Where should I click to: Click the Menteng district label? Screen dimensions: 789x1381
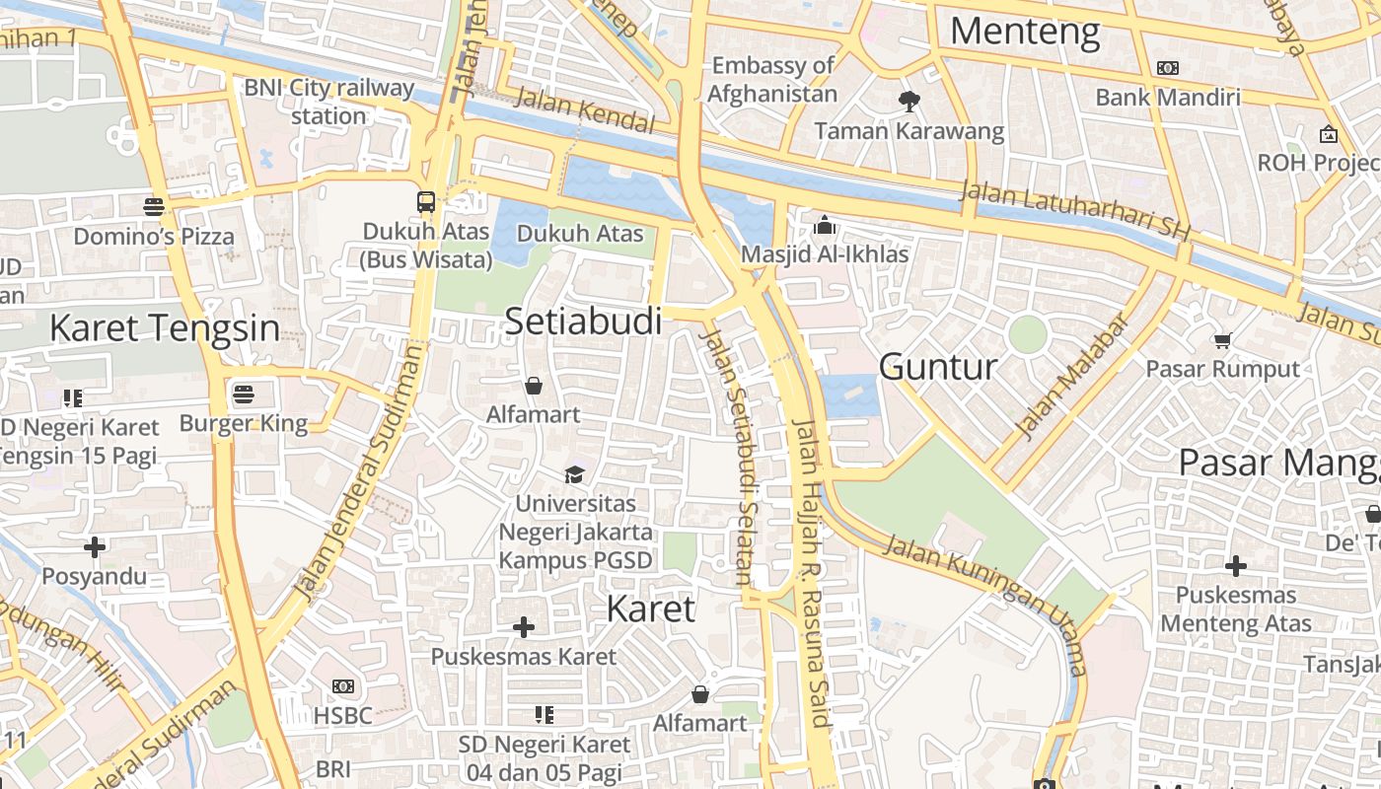point(1024,32)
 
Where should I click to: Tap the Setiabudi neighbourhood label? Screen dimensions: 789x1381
point(583,321)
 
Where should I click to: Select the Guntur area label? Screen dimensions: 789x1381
point(937,367)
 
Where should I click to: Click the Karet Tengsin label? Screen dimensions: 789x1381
point(164,327)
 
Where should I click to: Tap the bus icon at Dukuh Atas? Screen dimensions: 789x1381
point(426,202)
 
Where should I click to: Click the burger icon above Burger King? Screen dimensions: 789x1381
point(244,395)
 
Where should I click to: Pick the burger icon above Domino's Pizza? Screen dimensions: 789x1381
point(153,207)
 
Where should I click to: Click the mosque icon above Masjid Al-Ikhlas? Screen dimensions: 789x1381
point(825,226)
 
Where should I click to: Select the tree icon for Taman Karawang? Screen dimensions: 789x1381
point(909,101)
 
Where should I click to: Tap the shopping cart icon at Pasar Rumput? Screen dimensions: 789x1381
point(1222,341)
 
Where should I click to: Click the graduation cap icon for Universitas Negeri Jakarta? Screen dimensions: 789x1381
point(574,475)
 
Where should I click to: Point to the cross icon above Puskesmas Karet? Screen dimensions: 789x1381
point(524,627)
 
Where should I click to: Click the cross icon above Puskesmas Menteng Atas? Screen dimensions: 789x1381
point(1235,566)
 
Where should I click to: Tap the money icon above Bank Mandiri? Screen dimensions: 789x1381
point(1168,68)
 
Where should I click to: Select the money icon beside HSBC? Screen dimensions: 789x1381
point(343,686)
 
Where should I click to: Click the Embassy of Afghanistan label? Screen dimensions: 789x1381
point(772,80)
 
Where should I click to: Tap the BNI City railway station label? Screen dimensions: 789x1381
point(329,102)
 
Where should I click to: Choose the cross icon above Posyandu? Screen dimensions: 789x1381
point(95,546)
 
